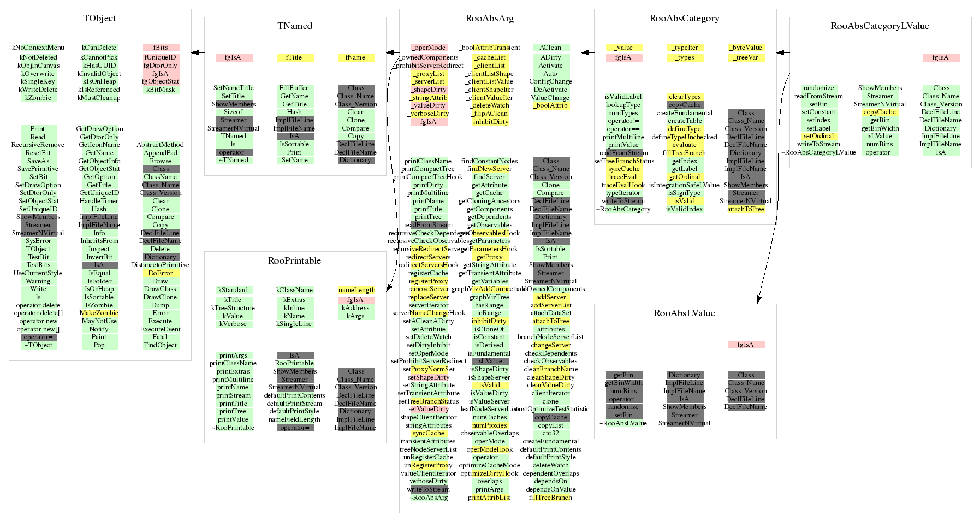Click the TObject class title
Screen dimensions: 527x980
coord(99,19)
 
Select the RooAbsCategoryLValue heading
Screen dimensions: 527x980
coord(880,26)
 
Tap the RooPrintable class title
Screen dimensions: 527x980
coord(294,261)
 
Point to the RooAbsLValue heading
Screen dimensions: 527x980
coord(684,313)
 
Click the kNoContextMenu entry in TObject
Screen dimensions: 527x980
coord(38,48)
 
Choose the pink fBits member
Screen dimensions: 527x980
coord(161,48)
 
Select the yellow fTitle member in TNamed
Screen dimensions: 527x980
coord(294,57)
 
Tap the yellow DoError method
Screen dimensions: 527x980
coord(161,273)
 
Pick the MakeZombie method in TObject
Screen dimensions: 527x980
coord(99,313)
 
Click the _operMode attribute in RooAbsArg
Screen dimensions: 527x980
coord(429,48)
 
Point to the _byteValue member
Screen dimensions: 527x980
coord(746,48)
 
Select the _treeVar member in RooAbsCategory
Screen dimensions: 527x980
coord(746,57)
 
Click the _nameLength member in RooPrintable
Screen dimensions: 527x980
coord(355,290)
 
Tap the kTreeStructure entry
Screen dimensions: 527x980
coord(233,308)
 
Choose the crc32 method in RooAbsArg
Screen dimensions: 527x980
coord(550,433)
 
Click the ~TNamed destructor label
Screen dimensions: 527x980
coord(233,160)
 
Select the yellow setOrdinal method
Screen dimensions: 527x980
coord(819,137)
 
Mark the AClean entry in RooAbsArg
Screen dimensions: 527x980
coord(550,48)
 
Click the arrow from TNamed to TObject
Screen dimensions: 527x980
coord(198,53)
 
